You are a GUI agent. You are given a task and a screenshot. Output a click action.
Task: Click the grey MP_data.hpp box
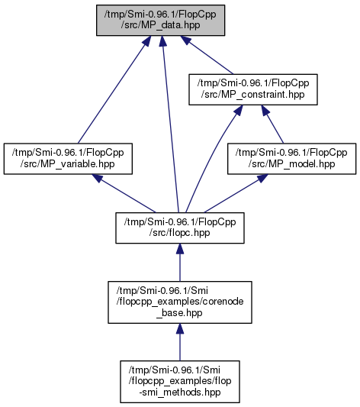[160, 21]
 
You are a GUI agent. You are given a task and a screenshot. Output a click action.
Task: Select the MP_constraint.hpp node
[253, 89]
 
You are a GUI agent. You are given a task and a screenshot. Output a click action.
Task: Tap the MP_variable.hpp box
[68, 159]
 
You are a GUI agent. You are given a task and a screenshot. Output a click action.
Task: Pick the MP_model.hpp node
[291, 159]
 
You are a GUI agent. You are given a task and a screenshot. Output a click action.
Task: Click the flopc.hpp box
[180, 228]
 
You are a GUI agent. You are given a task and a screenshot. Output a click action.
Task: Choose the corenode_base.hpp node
[180, 302]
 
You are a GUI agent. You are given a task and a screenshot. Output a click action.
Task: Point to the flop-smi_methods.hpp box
[180, 382]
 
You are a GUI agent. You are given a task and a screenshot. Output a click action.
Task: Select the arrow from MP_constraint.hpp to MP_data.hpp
[207, 55]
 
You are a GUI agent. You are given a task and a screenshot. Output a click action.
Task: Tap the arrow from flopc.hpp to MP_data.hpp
[170, 124]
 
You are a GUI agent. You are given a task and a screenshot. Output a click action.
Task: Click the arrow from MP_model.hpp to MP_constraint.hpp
[272, 124]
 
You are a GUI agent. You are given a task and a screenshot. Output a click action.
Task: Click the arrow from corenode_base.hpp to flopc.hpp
[180, 263]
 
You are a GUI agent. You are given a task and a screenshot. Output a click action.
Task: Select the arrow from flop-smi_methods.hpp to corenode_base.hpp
[180, 342]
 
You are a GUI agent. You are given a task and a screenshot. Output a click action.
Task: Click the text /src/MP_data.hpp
[160, 25]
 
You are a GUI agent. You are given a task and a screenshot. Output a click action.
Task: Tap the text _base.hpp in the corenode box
[180, 313]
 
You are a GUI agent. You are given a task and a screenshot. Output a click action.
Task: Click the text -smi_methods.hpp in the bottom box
[180, 392]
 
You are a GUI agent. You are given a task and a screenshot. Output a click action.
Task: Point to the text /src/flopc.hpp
[180, 233]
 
